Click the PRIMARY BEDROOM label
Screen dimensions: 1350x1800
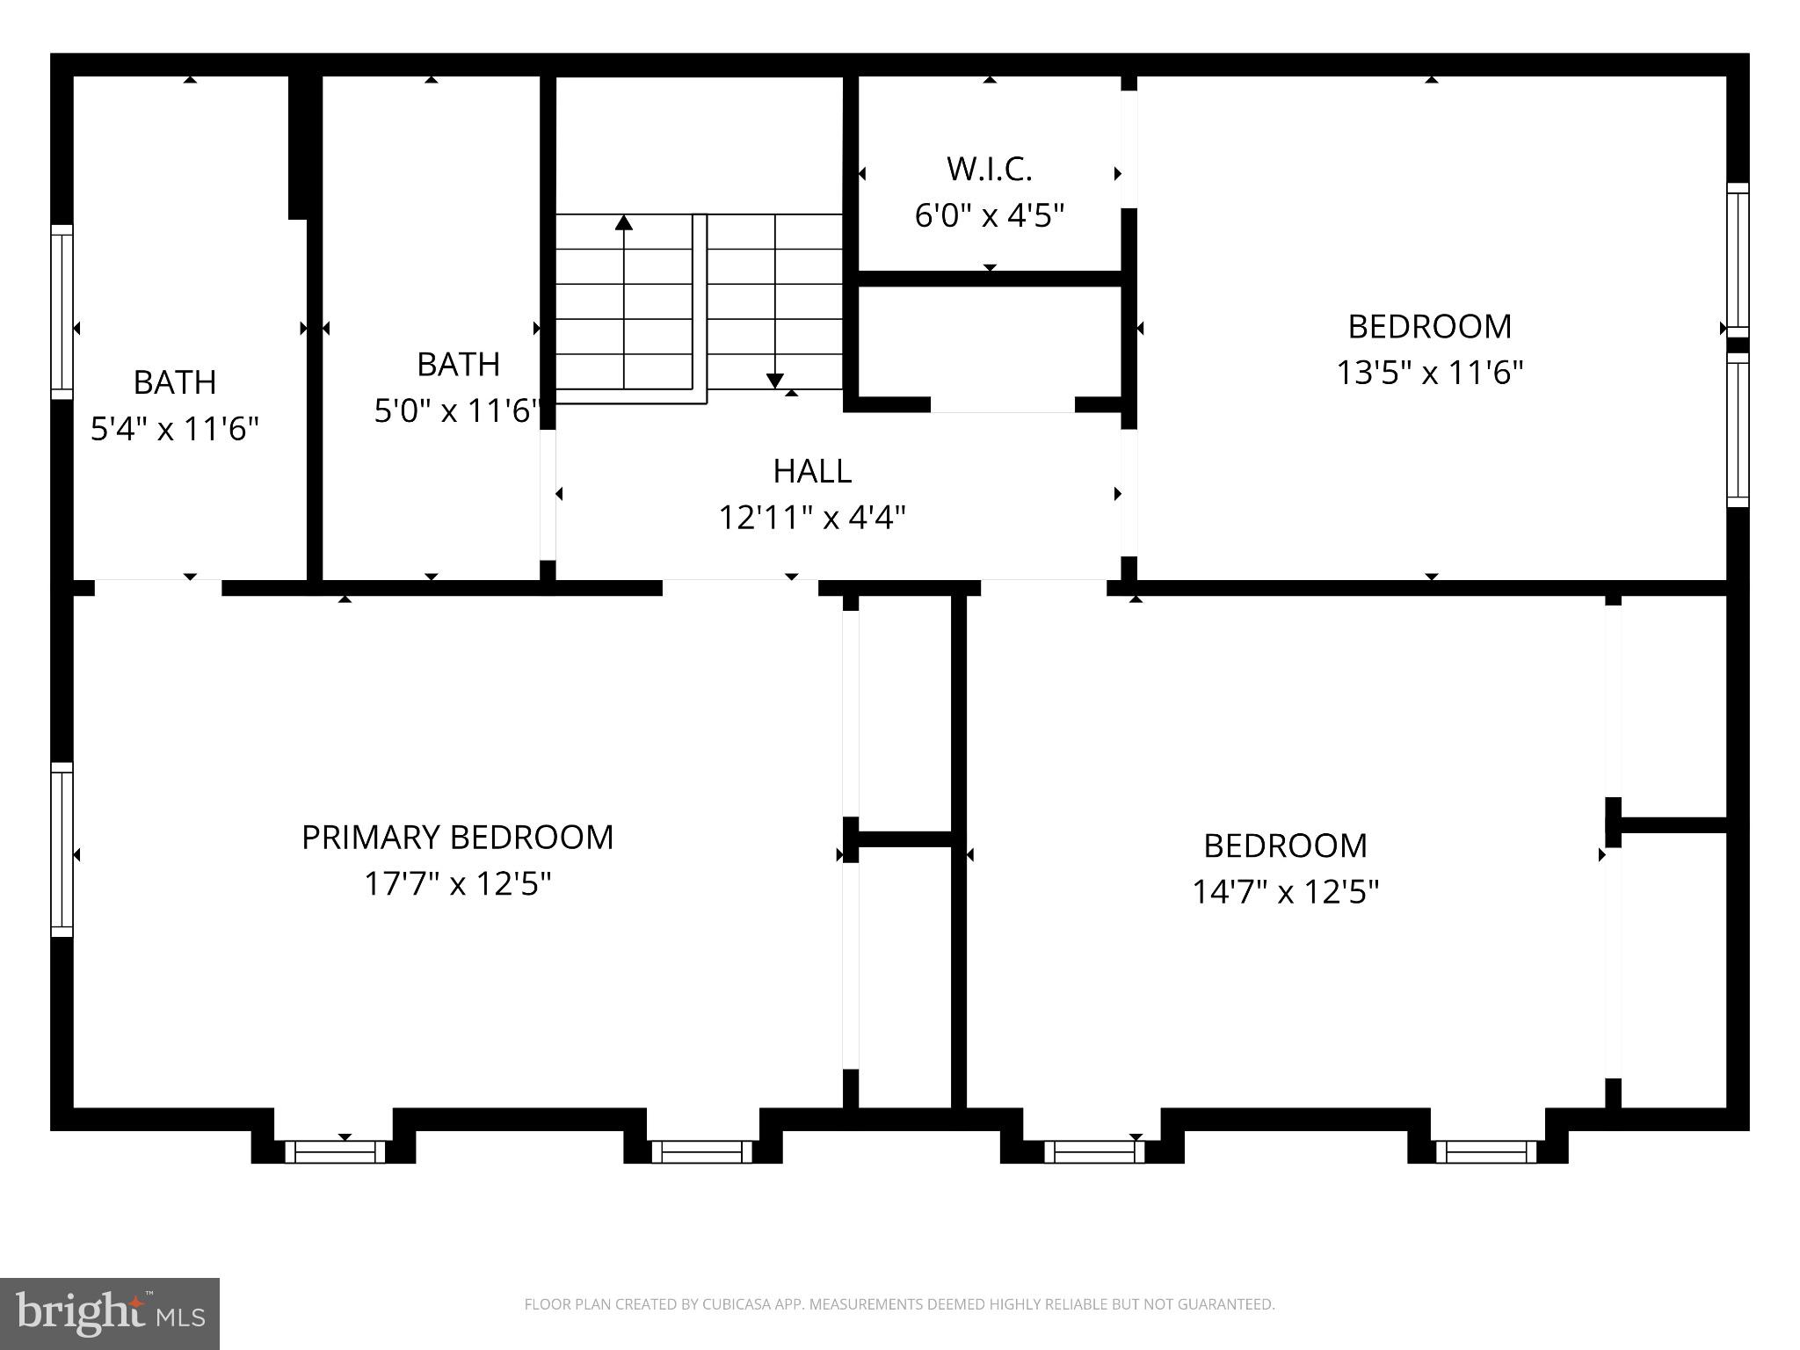tap(457, 838)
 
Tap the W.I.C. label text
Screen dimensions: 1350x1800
tap(990, 169)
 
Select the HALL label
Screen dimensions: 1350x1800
tap(812, 472)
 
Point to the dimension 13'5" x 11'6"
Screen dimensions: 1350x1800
tap(1429, 374)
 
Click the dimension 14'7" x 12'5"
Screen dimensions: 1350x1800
tap(1285, 893)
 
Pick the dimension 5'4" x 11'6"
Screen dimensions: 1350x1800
tap(175, 430)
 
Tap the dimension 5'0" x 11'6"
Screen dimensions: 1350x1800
tap(458, 410)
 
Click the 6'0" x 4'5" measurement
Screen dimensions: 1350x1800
tap(990, 215)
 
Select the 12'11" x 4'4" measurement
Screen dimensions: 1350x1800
tap(812, 518)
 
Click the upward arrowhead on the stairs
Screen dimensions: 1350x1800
tap(624, 221)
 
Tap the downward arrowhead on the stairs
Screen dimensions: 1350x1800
tap(774, 380)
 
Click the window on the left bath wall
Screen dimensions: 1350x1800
tap(62, 311)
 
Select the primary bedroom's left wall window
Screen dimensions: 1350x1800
tap(62, 849)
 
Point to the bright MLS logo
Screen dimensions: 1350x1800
tap(109, 1313)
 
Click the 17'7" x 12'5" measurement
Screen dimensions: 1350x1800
tap(457, 884)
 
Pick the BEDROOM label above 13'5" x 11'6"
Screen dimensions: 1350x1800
tap(1429, 327)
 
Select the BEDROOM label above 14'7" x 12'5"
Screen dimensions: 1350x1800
tap(1285, 846)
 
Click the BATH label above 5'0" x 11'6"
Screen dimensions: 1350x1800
tap(458, 365)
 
